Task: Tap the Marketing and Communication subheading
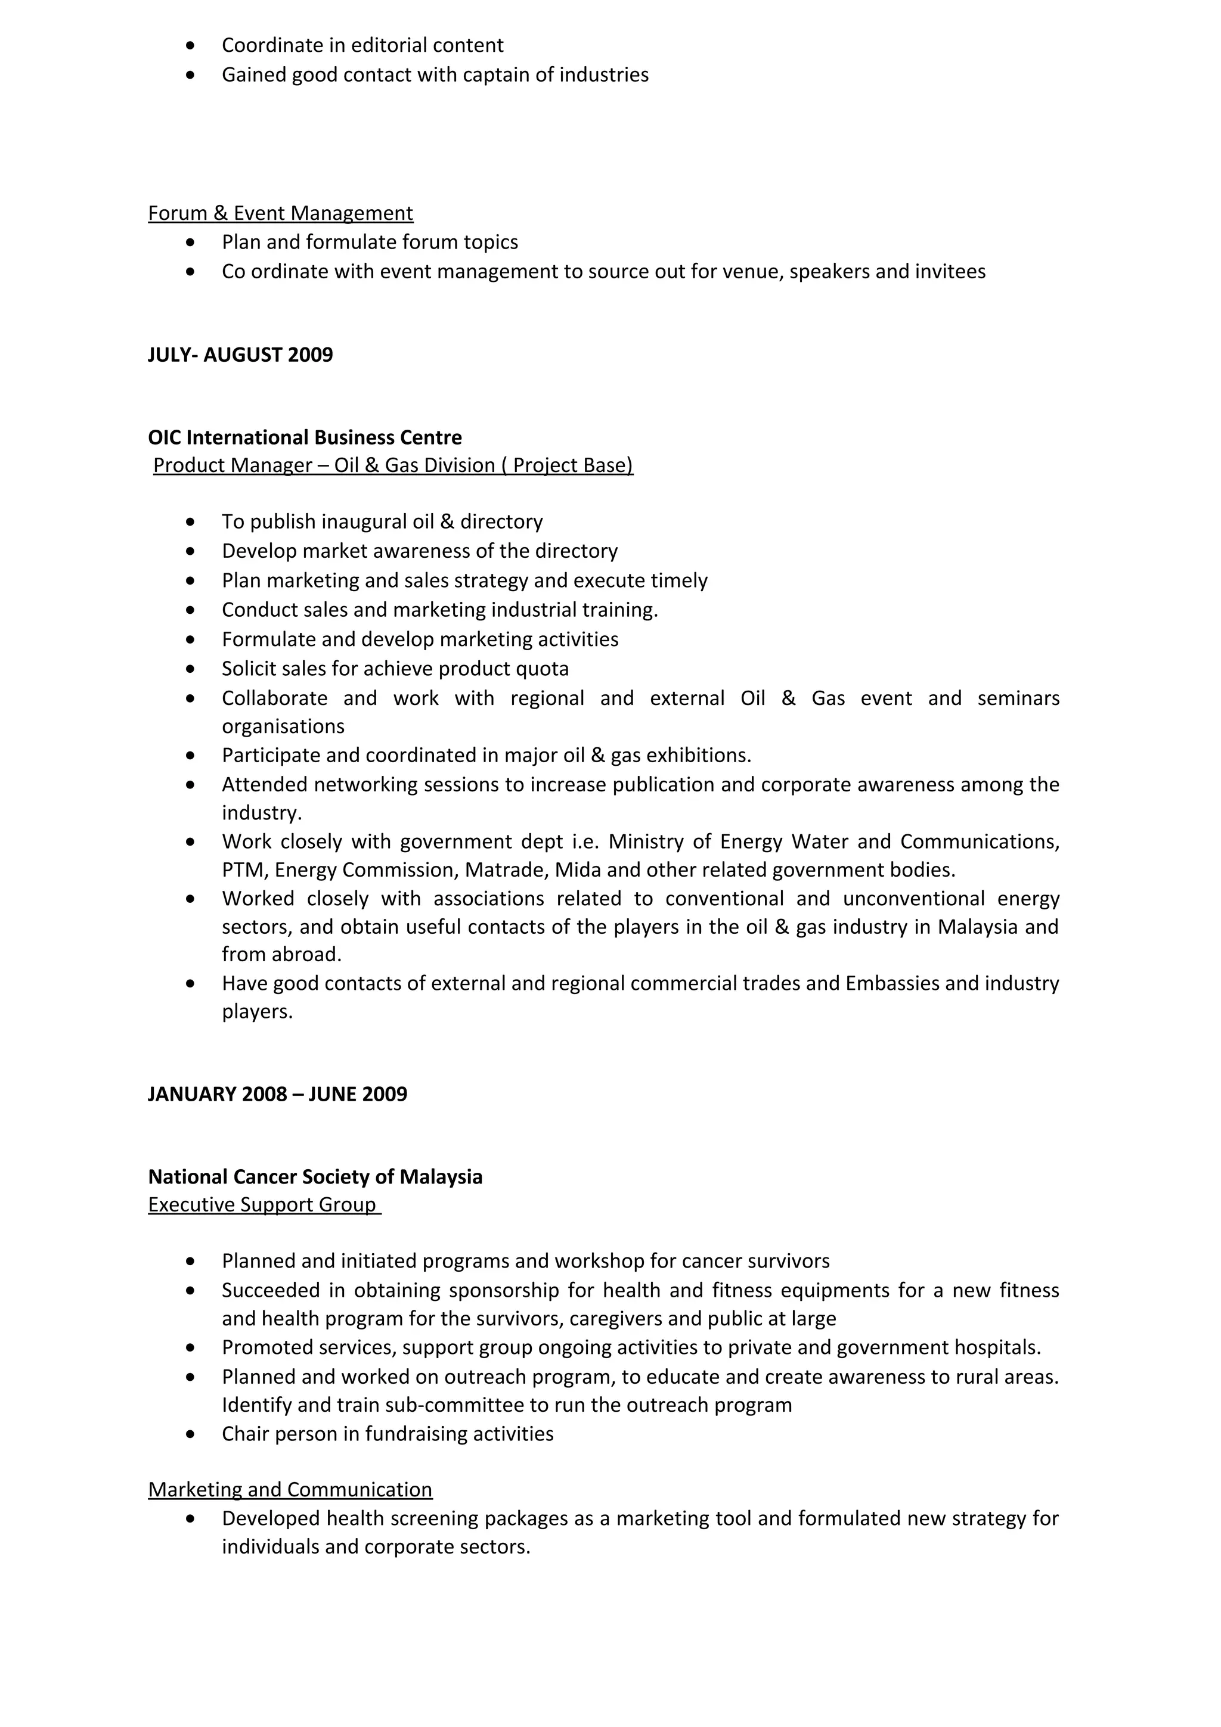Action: [290, 1489]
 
